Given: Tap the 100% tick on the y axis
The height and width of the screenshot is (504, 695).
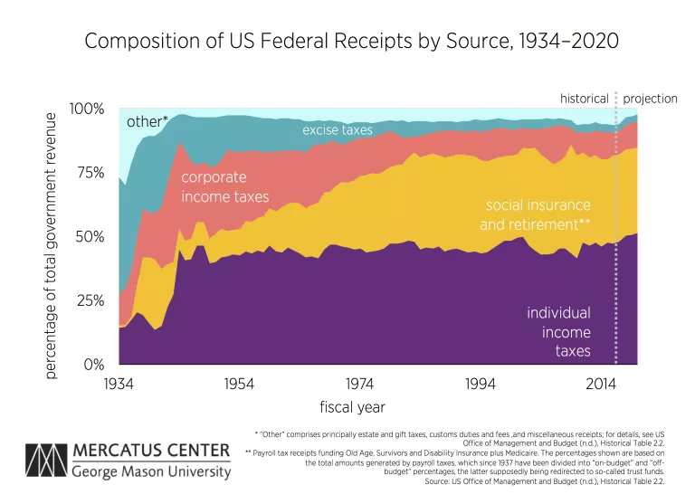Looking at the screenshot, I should [88, 109].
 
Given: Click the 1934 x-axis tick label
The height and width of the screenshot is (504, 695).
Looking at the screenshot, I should [119, 384].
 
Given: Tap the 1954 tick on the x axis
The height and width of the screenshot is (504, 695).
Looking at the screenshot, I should [240, 384].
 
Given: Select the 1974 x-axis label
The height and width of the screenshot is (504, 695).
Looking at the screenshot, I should [360, 384].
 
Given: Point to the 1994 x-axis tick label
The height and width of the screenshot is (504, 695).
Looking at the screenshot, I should [481, 384].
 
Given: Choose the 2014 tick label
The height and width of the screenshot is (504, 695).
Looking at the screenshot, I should [601, 384].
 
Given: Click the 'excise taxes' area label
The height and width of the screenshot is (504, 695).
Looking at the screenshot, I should [338, 130].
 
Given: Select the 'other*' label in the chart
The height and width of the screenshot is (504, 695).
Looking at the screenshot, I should [147, 120].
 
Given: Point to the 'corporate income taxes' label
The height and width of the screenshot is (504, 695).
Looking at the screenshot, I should [225, 186].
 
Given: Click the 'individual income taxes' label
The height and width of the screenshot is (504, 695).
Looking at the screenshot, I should [559, 332].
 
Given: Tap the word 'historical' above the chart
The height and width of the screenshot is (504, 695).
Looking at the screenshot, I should [585, 99].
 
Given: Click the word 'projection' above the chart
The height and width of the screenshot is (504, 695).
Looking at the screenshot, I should [650, 99].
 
